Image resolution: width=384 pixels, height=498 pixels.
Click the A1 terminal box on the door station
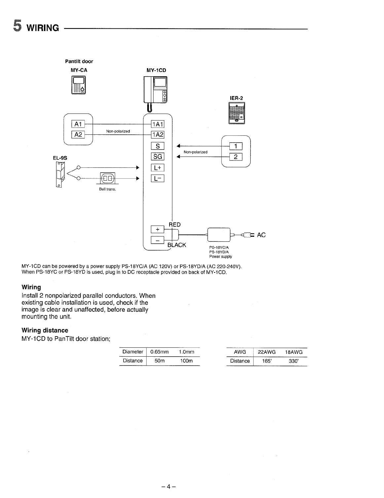pyautogui.click(x=78, y=124)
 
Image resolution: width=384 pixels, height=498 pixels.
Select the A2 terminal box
pyautogui.click(x=78, y=134)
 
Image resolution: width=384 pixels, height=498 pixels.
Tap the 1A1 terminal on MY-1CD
pyautogui.click(x=157, y=124)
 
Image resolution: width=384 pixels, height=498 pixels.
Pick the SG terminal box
pyautogui.click(x=157, y=157)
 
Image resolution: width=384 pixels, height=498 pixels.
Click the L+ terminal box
pyautogui.click(x=157, y=167)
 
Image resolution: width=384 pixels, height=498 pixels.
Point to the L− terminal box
pyautogui.click(x=157, y=178)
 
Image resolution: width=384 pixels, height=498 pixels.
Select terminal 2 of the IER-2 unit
pyautogui.click(x=236, y=157)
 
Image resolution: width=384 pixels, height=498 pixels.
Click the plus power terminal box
pyautogui.click(x=157, y=229)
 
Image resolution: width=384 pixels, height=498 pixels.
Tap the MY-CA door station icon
pyautogui.click(x=78, y=85)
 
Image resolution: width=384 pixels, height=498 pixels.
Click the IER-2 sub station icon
pyautogui.click(x=237, y=113)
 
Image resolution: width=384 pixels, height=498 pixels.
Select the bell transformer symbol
pyautogui.click(x=107, y=179)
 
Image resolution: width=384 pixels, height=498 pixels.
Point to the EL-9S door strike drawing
pyautogui.click(x=60, y=174)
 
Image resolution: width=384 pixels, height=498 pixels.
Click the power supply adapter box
pyautogui.click(x=218, y=235)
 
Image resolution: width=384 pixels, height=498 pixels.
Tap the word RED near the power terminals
pyautogui.click(x=175, y=225)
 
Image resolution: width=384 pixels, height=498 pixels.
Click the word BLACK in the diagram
pyautogui.click(x=177, y=245)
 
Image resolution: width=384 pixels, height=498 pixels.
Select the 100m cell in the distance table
pyautogui.click(x=187, y=361)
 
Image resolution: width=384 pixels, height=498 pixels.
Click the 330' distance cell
pyautogui.click(x=293, y=361)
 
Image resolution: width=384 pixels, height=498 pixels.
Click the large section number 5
pyautogui.click(x=17, y=25)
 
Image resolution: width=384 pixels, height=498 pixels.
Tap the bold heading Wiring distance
pyautogui.click(x=45, y=330)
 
